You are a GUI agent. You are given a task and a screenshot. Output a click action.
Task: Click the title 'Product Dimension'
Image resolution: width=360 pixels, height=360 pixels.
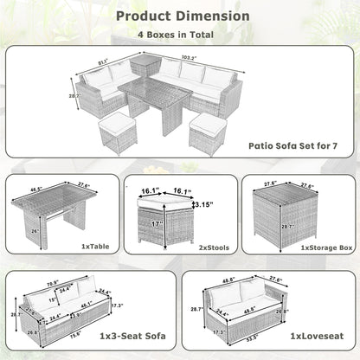pyautogui.click(x=180, y=16)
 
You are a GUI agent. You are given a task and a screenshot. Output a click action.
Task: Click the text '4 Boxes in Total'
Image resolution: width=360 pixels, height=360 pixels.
pyautogui.click(x=179, y=35)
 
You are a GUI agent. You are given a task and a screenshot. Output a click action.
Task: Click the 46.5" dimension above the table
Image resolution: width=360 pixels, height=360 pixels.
pyautogui.click(x=35, y=186)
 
